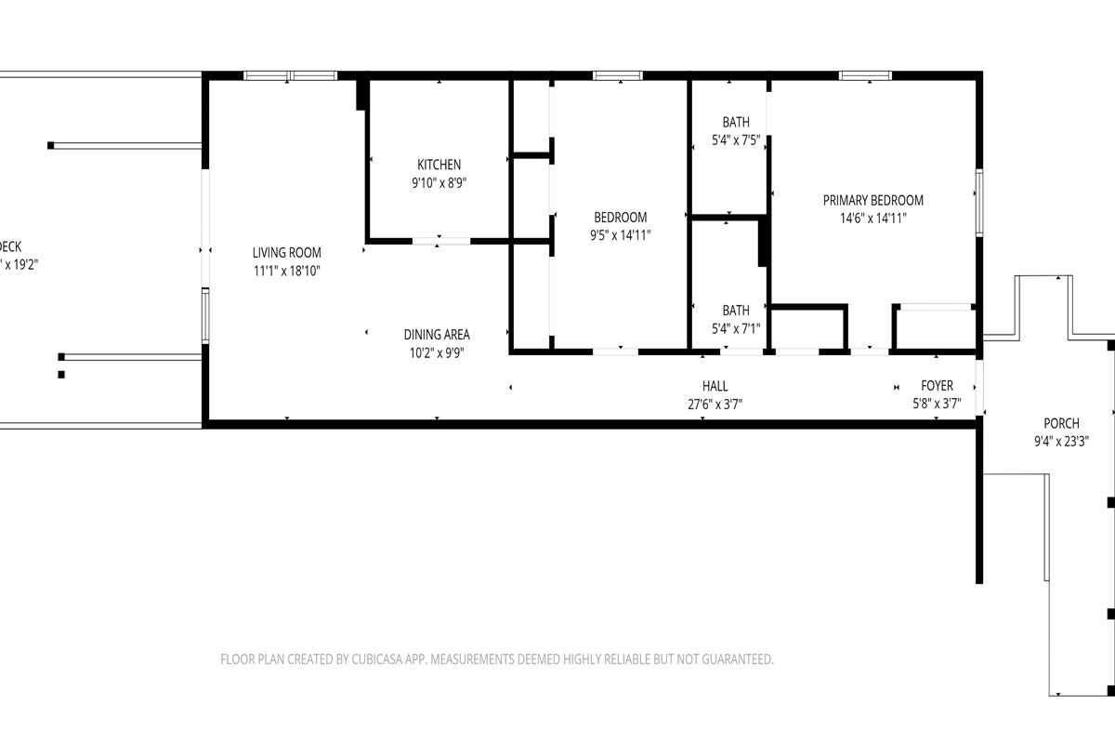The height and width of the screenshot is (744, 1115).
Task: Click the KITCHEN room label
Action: pos(439,165)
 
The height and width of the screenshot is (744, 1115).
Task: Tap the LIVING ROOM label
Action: pos(287,252)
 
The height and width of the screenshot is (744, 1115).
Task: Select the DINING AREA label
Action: pos(437,335)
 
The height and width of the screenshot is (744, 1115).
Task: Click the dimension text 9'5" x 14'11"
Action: pos(621,235)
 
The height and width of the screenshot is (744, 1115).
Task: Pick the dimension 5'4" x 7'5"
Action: pos(736,140)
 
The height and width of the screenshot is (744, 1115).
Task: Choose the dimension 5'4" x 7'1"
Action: pos(736,328)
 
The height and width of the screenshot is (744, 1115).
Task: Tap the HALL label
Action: pos(715,386)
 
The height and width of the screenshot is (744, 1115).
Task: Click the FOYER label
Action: pos(937,386)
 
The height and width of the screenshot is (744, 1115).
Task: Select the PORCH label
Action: pos(1060,423)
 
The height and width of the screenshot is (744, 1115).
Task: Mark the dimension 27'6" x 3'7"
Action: pos(715,405)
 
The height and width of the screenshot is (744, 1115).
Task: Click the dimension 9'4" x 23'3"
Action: pos(1060,442)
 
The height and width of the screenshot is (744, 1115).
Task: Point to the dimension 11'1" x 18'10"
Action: pos(287,271)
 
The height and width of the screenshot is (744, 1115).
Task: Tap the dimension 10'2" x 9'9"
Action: pos(437,353)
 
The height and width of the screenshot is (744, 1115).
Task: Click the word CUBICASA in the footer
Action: pos(387,659)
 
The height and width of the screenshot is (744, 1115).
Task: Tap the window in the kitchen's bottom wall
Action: pos(441,241)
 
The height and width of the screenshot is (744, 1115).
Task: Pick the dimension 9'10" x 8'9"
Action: pos(439,183)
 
